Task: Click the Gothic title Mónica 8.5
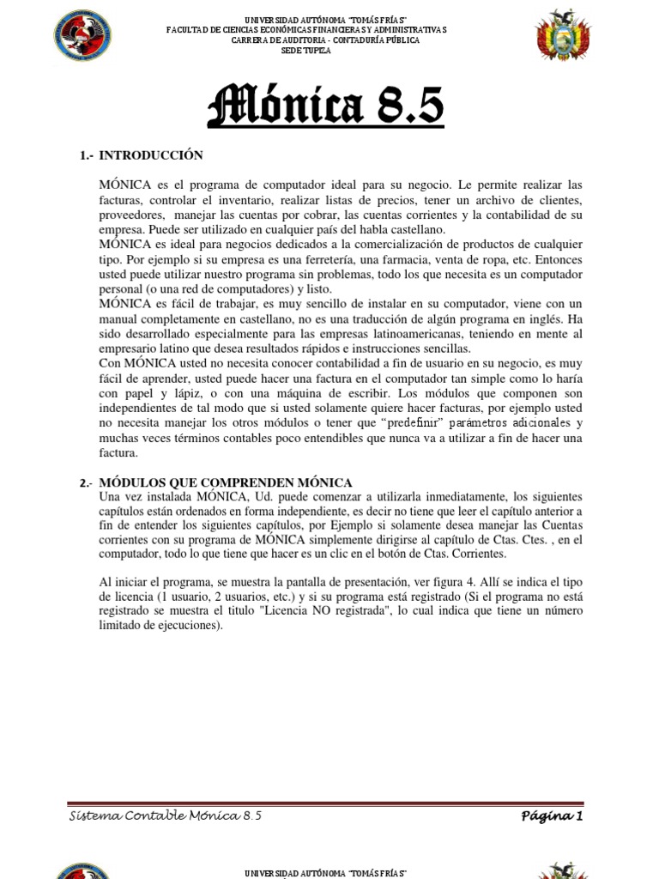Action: (327, 106)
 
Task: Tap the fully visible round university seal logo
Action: (83, 36)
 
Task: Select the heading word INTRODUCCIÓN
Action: (151, 155)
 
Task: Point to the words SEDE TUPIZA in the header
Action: (306, 51)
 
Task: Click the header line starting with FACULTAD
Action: (306, 30)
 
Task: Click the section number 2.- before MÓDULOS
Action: (87, 483)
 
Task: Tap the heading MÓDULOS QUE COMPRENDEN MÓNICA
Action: (227, 483)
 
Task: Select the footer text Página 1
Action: (552, 815)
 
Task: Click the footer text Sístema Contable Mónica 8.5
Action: (165, 815)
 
